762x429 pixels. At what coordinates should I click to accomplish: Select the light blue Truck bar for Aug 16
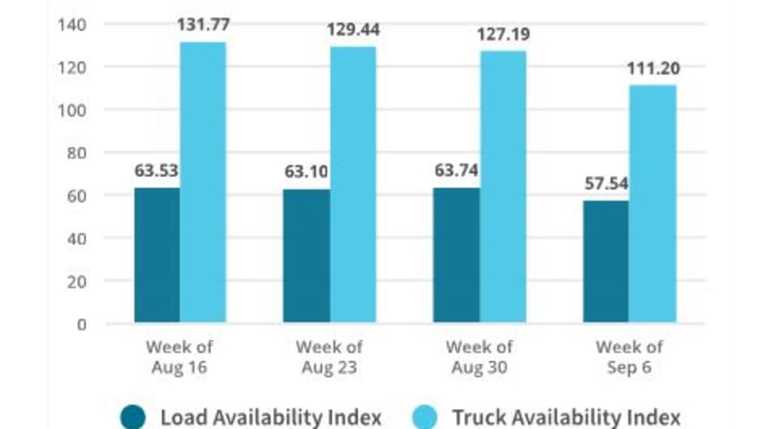coord(203,182)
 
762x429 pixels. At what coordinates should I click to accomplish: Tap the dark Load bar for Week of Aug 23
coord(306,256)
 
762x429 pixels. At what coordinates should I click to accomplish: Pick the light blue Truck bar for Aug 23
coord(353,184)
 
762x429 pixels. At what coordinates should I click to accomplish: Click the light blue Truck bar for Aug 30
coord(503,187)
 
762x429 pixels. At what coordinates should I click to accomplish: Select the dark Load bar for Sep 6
coord(606,261)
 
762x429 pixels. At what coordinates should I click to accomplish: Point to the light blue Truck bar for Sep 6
coord(653,204)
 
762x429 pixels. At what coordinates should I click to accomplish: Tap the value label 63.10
coord(306,171)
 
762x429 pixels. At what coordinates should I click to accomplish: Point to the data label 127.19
coord(503,34)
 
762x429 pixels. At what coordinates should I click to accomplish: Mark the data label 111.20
coord(653,68)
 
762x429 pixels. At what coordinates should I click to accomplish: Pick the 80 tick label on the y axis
coord(75,153)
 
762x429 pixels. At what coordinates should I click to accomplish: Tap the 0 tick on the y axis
coord(81,324)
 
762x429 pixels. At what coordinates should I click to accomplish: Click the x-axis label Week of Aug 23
coord(329,357)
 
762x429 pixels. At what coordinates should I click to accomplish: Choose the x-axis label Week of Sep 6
coord(629,357)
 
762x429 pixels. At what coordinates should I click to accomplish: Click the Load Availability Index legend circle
coord(133,417)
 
